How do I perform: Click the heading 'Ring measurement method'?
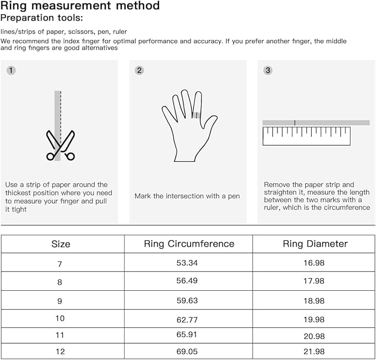point(80,6)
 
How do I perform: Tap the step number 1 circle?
point(11,70)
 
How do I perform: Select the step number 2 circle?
point(140,70)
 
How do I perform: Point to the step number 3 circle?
point(268,70)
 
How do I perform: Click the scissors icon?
point(60,146)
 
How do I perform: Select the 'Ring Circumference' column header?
point(189,244)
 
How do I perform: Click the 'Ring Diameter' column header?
point(315,244)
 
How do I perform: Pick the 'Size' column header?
point(61,244)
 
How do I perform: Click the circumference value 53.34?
point(188,264)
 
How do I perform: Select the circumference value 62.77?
point(188,318)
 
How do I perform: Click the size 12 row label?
point(60,352)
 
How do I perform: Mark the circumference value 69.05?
point(188,352)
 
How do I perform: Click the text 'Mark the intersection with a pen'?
point(187,196)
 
